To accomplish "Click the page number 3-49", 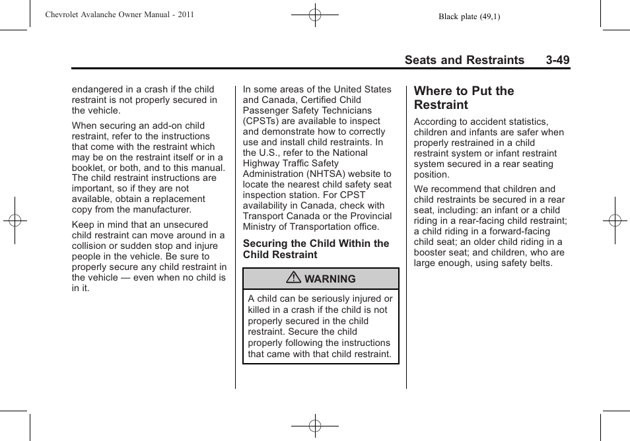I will pyautogui.click(x=557, y=60).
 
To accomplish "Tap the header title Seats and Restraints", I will pyautogui.click(x=464, y=60).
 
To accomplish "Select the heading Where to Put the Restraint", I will pyautogui.click(x=464, y=98).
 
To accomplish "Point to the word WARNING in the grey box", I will pyautogui.click(x=330, y=279).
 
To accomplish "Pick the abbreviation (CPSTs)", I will pyautogui.click(x=262, y=121).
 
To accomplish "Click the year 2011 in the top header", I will pyautogui.click(x=185, y=14).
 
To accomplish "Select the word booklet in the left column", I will pyautogui.click(x=88, y=168).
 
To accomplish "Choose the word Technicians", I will pyautogui.click(x=347, y=110).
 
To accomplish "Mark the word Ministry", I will pyautogui.click(x=260, y=226).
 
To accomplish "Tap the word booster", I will pyautogui.click(x=432, y=252).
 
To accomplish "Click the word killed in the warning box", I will pyautogui.click(x=260, y=310).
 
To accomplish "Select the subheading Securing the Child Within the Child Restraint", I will pyautogui.click(x=316, y=249).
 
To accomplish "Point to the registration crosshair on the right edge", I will pyautogui.click(x=614, y=220).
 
